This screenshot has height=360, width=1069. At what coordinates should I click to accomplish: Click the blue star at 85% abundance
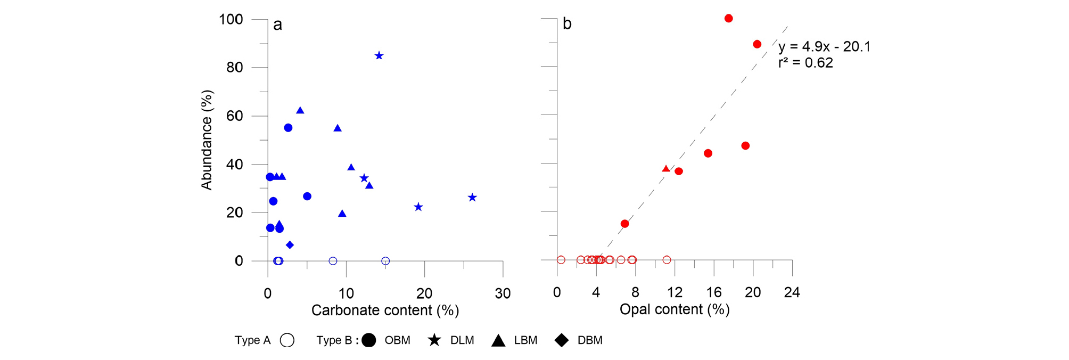coord(379,56)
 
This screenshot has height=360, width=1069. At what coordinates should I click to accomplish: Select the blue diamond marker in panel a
coord(290,245)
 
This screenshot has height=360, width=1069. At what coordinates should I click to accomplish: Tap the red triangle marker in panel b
coord(666,169)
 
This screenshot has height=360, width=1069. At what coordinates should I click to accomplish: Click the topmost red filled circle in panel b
coord(729,19)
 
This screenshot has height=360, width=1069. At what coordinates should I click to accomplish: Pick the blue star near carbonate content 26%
coord(472,198)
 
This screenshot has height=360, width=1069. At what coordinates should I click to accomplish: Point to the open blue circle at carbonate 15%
coord(386,261)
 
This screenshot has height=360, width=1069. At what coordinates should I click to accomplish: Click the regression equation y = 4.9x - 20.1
coord(824,47)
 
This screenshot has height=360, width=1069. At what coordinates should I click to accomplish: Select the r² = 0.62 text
coord(805,63)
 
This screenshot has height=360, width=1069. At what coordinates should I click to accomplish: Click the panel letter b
coord(567,24)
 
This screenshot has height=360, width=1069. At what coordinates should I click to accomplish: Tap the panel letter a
coord(277,24)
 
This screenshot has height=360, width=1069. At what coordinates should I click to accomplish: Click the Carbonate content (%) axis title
coord(385,310)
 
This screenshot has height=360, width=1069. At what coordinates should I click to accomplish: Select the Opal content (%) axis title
coord(675,309)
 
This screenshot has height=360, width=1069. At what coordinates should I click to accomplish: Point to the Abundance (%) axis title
coord(207,140)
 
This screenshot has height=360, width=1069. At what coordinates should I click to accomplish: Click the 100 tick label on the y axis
coord(231,20)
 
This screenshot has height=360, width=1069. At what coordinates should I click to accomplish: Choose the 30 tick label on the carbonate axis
coord(503,293)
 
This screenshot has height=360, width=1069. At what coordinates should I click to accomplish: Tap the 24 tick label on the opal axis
coord(792,292)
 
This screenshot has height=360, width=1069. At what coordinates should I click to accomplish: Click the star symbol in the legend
coord(435,340)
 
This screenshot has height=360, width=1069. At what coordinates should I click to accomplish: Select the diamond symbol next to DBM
coord(562,340)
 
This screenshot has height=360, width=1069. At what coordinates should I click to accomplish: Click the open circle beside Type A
coord(287,340)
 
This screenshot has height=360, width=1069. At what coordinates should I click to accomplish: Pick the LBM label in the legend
coord(525,340)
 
